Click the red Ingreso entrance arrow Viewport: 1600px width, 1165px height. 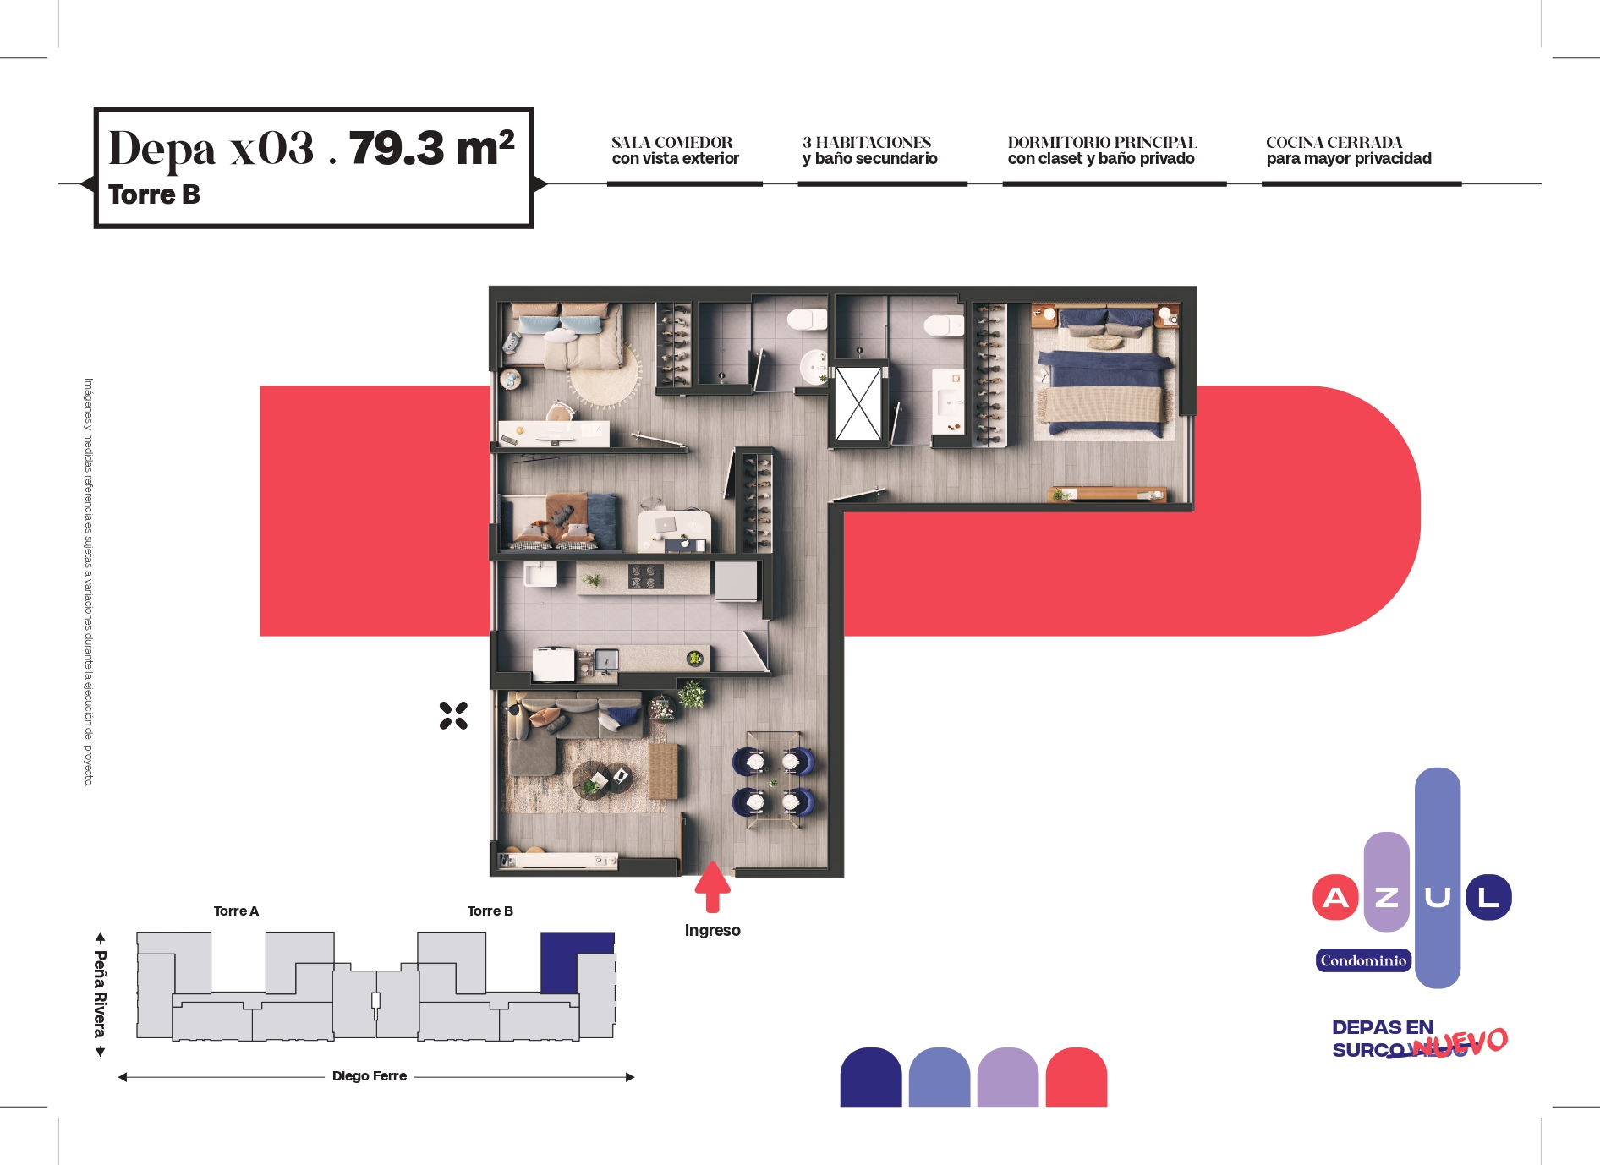[x=712, y=887]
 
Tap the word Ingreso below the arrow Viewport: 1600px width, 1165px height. [x=712, y=931]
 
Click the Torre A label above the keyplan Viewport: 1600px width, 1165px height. [x=236, y=911]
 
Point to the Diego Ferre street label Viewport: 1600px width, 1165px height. [x=370, y=1075]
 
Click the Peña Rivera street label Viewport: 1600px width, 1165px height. [x=101, y=994]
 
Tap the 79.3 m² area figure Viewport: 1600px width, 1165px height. [x=432, y=148]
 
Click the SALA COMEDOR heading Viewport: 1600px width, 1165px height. [x=672, y=142]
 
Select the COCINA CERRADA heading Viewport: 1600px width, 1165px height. [x=1334, y=142]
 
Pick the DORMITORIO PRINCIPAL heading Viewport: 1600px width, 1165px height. [x=1102, y=142]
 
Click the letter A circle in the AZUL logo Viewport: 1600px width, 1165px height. [x=1335, y=897]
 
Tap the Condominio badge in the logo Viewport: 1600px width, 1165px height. [x=1363, y=960]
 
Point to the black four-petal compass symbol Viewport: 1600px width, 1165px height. [x=453, y=715]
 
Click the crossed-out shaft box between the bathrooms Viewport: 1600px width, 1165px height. [x=858, y=404]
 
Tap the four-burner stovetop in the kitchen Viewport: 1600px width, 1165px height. [x=645, y=577]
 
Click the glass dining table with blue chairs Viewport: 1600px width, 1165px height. [x=773, y=780]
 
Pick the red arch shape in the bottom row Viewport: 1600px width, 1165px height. [x=1077, y=1078]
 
